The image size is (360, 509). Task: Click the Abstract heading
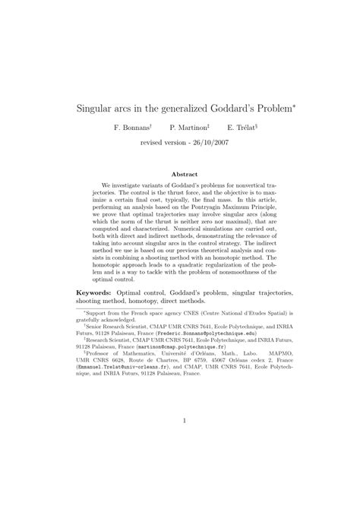tap(180, 173)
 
